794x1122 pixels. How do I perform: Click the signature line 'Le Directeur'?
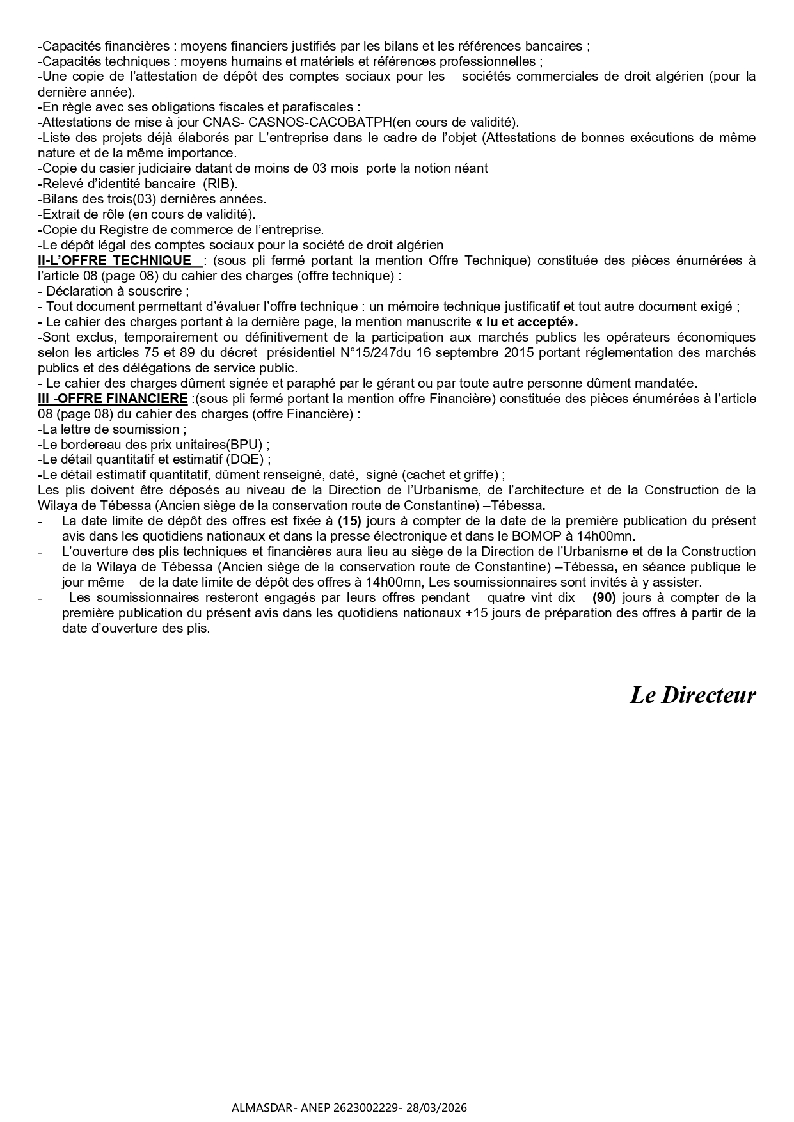coord(692,695)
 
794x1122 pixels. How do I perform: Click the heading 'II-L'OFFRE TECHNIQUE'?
coord(115,260)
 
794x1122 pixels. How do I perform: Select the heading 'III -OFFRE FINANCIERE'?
coord(113,399)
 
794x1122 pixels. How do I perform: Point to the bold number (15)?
coord(349,521)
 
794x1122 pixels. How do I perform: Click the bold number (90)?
coord(603,597)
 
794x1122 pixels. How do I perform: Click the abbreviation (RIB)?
coord(219,184)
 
